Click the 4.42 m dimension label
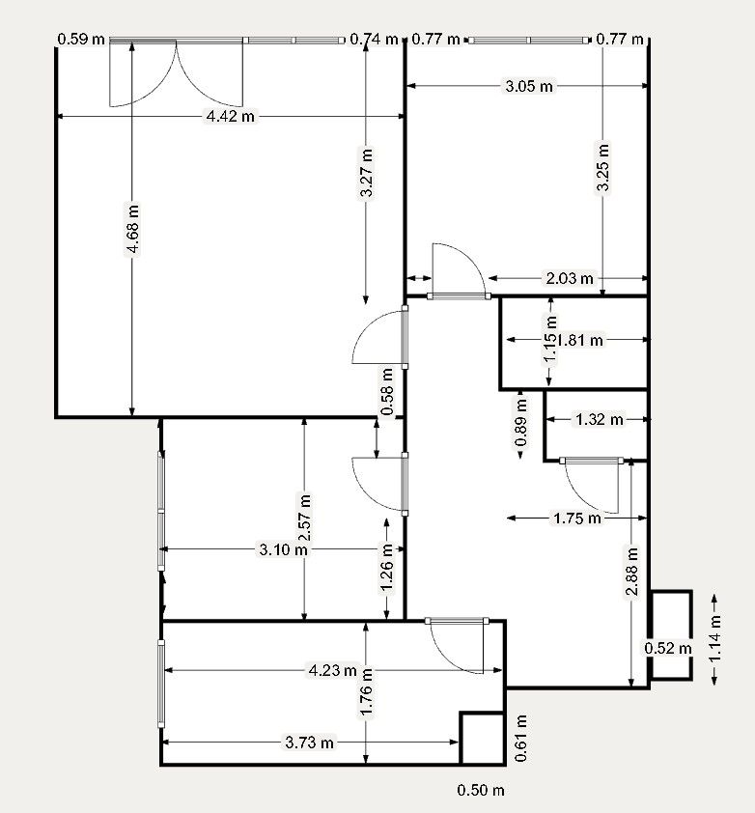[231, 117]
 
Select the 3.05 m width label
[530, 87]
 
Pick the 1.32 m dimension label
[599, 419]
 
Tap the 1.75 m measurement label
[576, 519]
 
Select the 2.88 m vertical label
[632, 575]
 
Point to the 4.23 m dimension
[332, 670]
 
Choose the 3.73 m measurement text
[309, 743]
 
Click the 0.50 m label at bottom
[481, 791]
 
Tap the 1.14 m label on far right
[714, 639]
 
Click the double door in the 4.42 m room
[175, 72]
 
